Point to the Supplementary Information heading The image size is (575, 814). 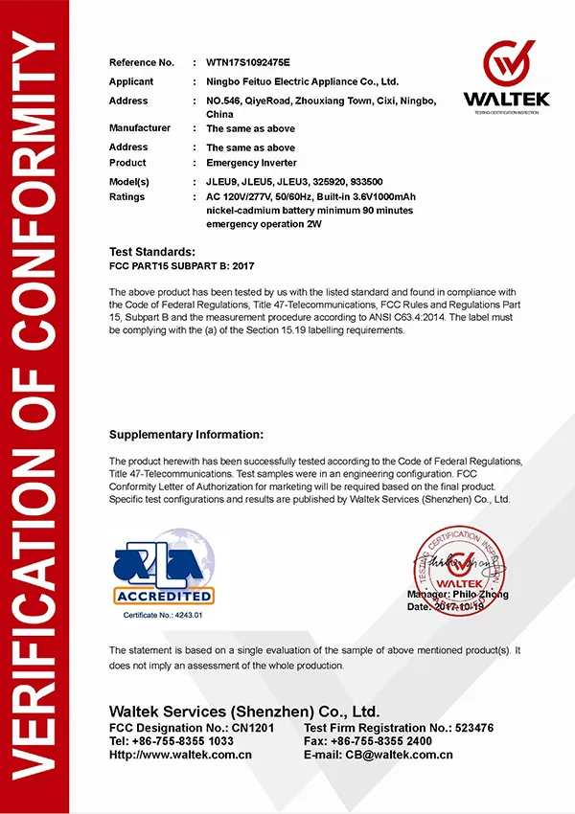click(x=186, y=434)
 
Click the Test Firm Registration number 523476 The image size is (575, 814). click(x=467, y=728)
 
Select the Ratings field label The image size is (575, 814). click(x=126, y=196)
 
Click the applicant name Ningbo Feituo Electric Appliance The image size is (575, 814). click(x=303, y=81)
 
